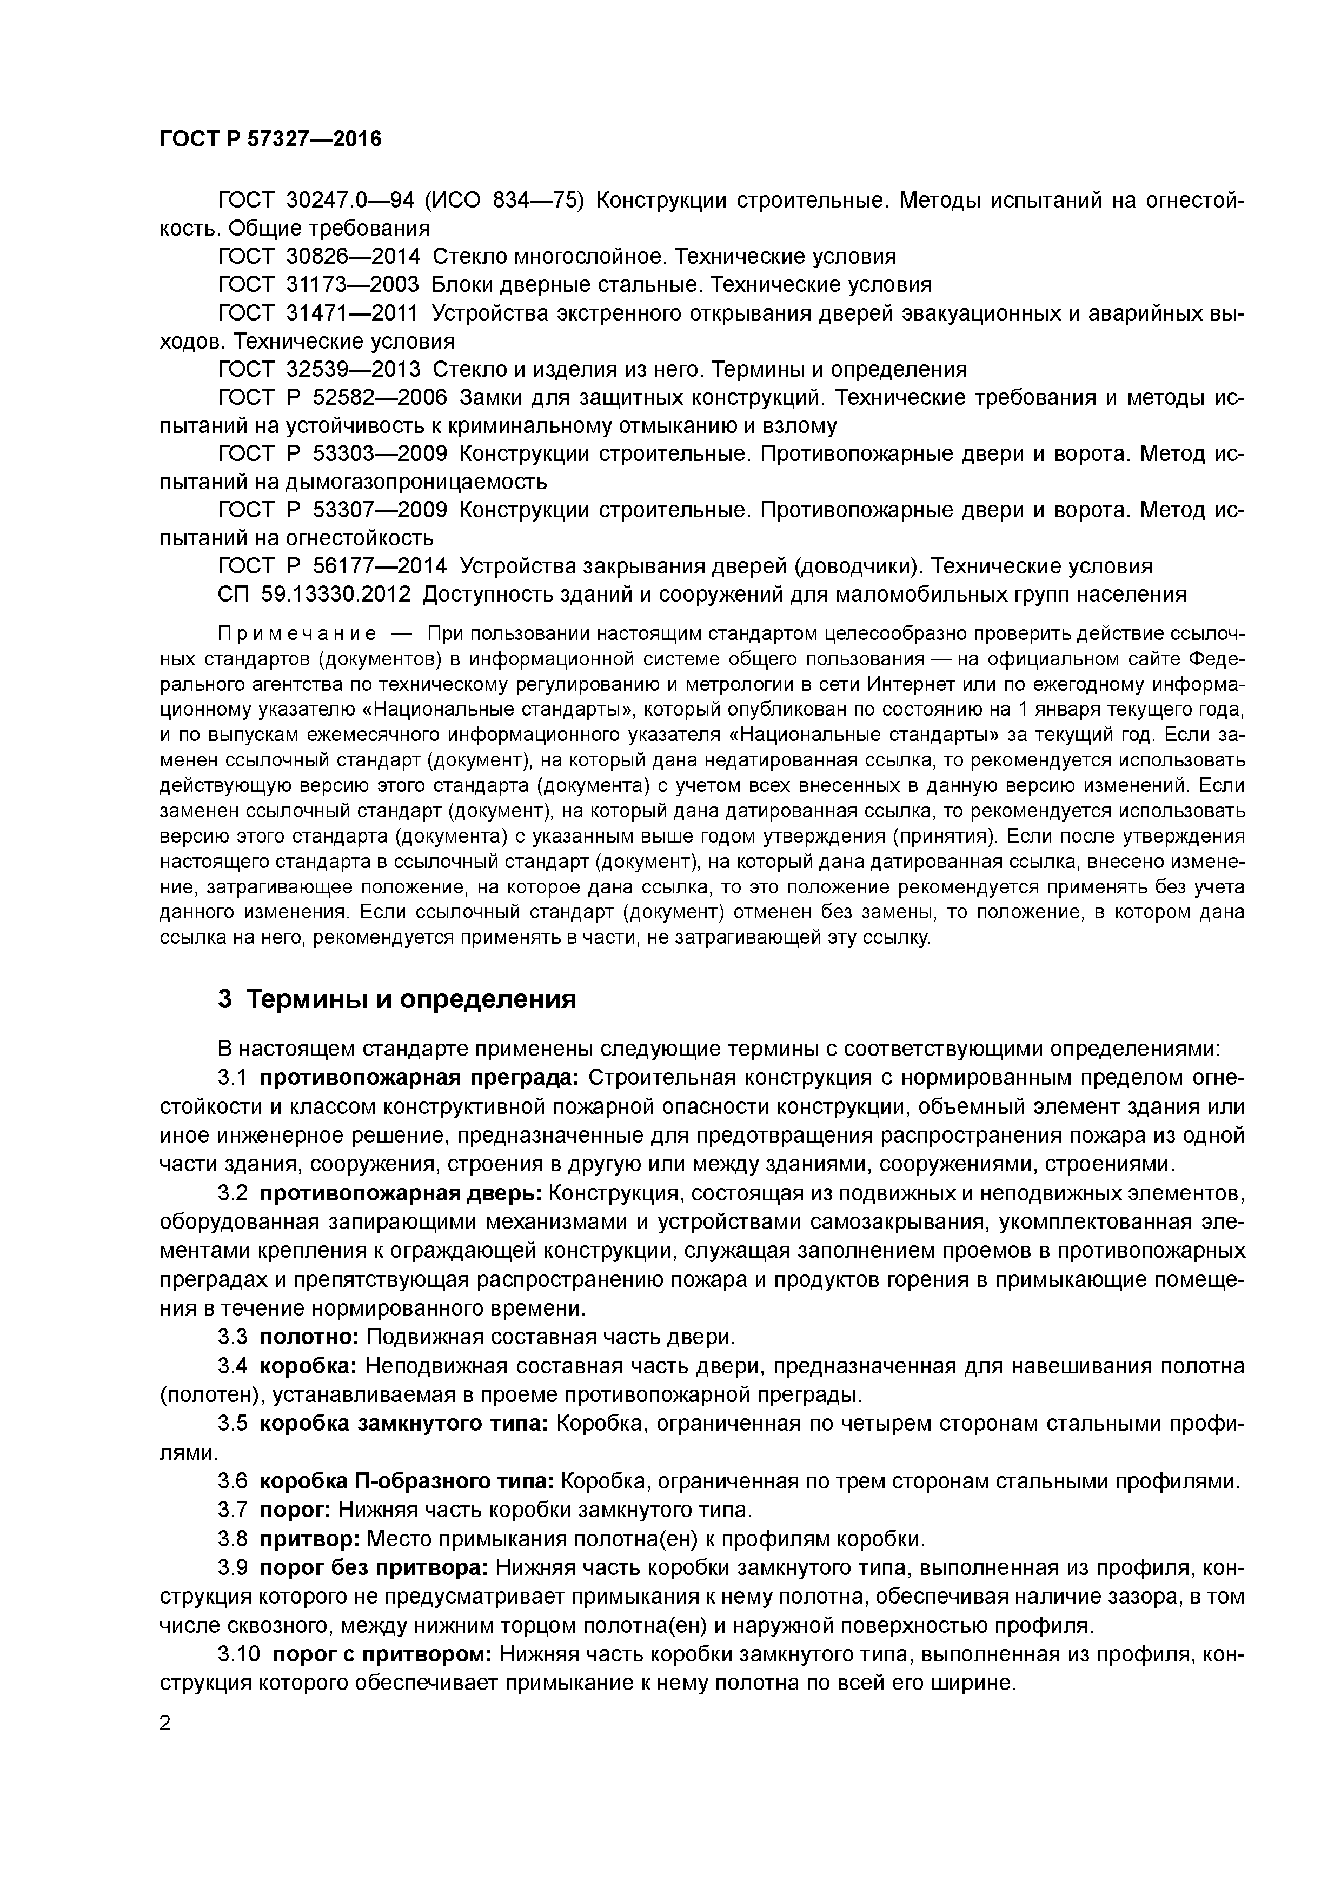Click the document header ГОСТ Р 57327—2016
pos(270,139)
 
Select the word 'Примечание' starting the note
pos(297,633)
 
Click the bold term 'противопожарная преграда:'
pos(420,1078)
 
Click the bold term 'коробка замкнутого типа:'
pos(404,1424)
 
